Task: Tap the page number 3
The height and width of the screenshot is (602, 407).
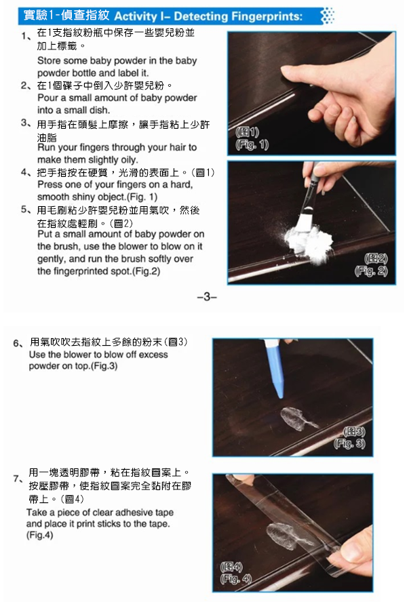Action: (x=207, y=296)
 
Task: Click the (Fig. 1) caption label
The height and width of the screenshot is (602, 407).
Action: (x=252, y=145)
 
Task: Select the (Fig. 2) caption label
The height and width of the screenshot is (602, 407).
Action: (x=370, y=271)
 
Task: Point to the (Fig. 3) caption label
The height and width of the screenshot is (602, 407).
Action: (x=349, y=444)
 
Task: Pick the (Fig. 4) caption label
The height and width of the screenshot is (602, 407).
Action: (x=236, y=578)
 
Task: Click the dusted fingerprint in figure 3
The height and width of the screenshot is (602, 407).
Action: (x=298, y=418)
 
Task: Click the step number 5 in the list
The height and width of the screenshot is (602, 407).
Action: (x=24, y=209)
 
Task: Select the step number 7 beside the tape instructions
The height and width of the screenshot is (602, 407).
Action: (x=17, y=479)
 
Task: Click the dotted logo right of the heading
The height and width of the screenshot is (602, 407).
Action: (x=328, y=16)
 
